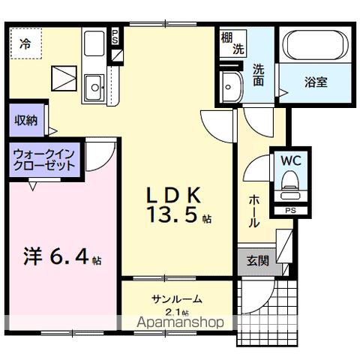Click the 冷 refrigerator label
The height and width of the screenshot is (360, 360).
(x=25, y=44)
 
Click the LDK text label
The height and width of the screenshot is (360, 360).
(x=172, y=195)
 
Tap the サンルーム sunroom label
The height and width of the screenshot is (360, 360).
(x=177, y=298)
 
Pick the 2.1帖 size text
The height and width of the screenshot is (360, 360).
(x=177, y=312)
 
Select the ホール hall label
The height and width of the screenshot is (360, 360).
(x=255, y=211)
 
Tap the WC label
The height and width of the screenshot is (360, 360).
(x=290, y=160)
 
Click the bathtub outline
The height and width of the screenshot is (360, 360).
(x=315, y=49)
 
